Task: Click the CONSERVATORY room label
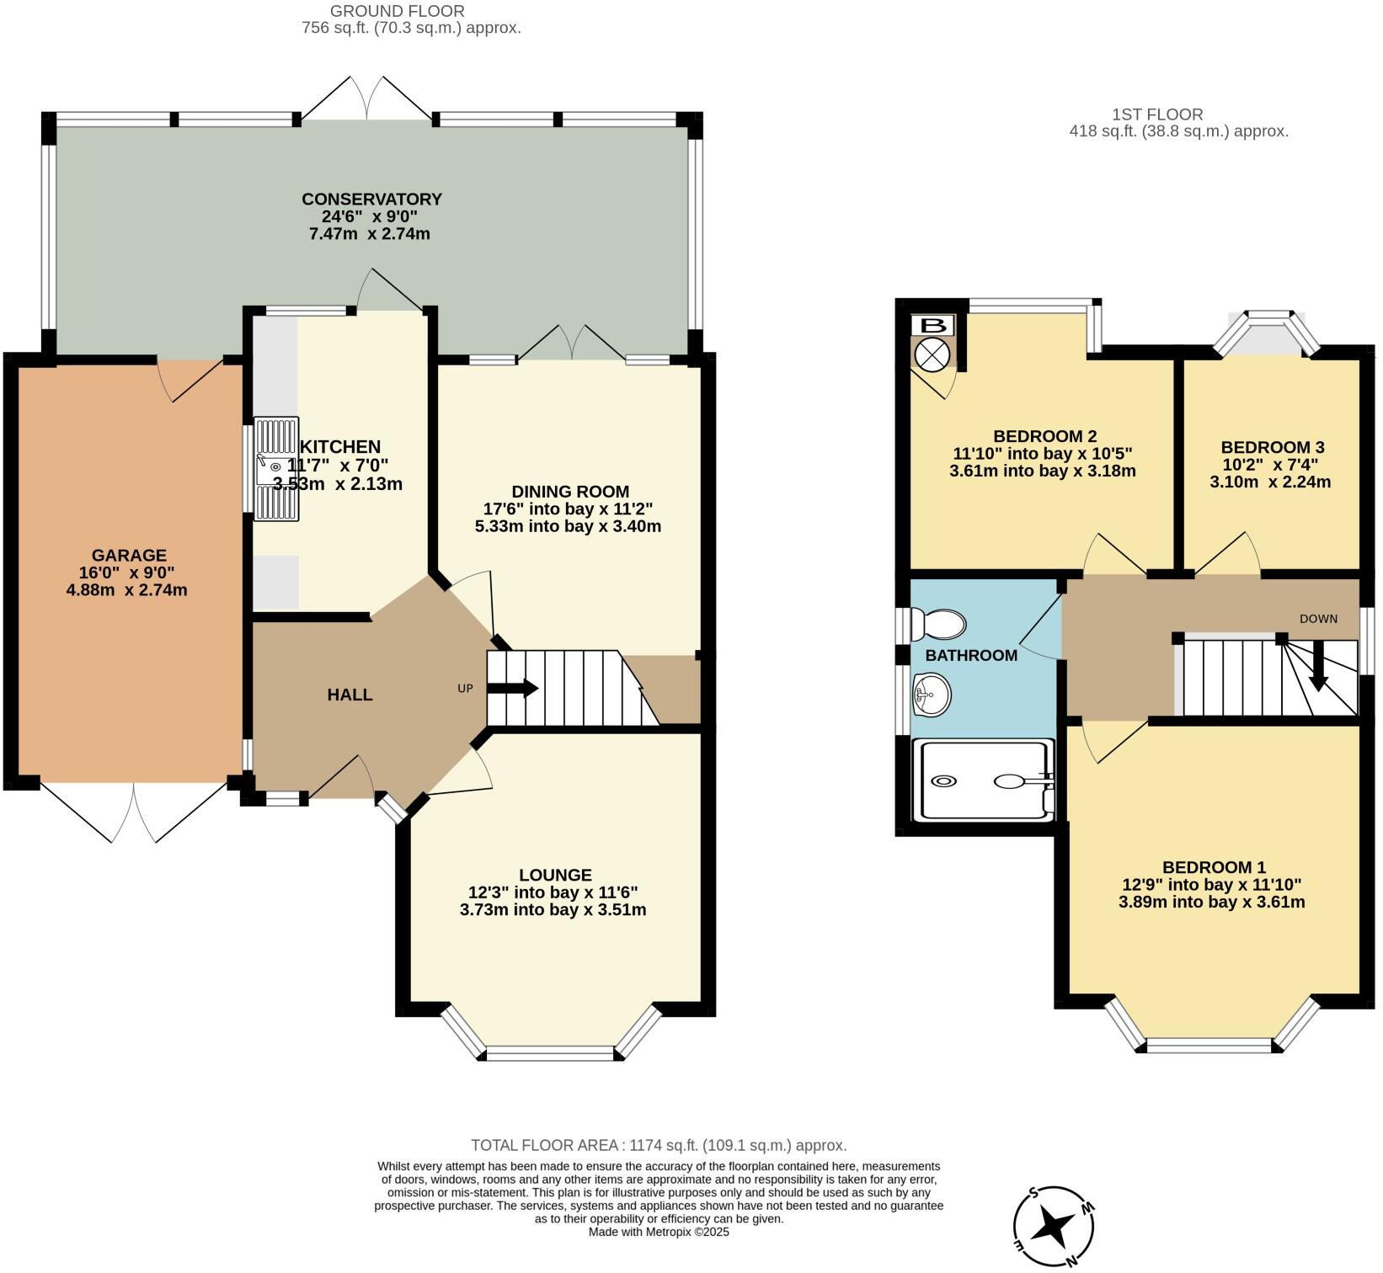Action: click(x=371, y=200)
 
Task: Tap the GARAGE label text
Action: click(x=129, y=556)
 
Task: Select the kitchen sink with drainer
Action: click(x=276, y=468)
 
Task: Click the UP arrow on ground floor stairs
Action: click(x=512, y=688)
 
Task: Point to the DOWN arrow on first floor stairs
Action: click(x=1318, y=665)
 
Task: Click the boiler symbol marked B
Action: click(x=932, y=326)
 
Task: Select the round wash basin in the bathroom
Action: click(x=932, y=695)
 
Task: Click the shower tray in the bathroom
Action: click(x=984, y=780)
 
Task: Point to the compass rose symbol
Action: click(x=1054, y=1226)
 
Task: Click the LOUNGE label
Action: click(x=555, y=876)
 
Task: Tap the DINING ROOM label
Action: click(x=570, y=492)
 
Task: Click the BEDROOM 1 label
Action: click(x=1214, y=867)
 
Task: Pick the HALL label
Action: click(x=350, y=695)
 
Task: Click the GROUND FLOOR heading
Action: click(x=397, y=11)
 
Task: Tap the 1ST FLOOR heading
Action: click(x=1157, y=114)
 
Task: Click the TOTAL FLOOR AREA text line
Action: click(x=659, y=1145)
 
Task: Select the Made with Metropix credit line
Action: click(x=659, y=1232)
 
